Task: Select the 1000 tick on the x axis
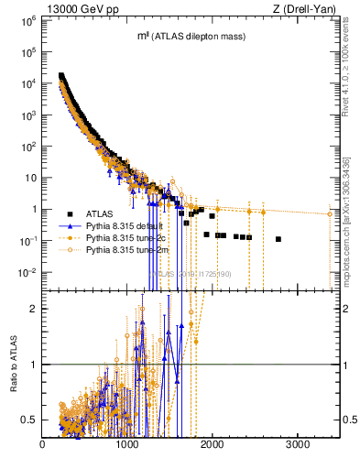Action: pyautogui.click(x=127, y=446)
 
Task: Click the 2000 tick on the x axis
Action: pyautogui.click(x=213, y=446)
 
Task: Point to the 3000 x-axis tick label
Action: pyautogui.click(x=297, y=446)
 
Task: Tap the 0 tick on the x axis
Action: pyautogui.click(x=43, y=446)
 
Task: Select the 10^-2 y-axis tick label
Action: pyautogui.click(x=28, y=272)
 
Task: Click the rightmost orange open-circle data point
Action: pyautogui.click(x=330, y=214)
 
